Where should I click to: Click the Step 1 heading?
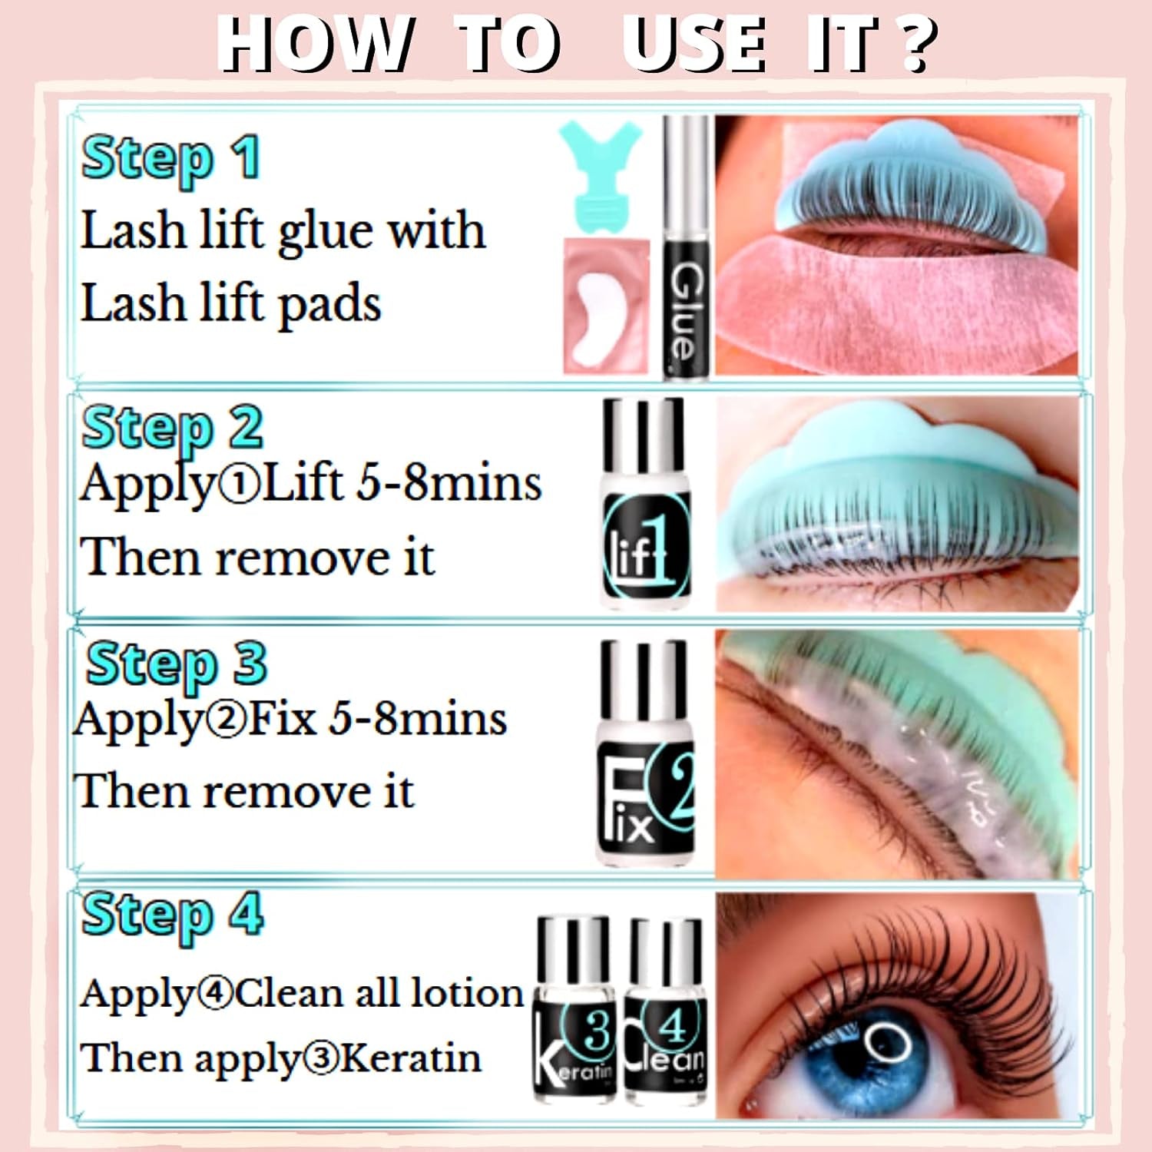170,159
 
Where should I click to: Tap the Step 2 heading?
172,429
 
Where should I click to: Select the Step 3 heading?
176,664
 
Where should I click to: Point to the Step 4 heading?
172,915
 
